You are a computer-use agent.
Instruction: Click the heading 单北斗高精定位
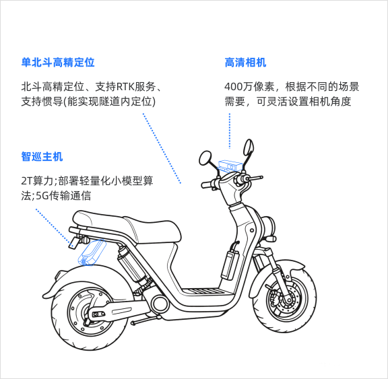tap(58, 63)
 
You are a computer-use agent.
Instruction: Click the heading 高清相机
tap(245, 63)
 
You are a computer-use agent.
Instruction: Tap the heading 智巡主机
tap(42, 156)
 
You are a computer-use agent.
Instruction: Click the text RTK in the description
tap(125, 87)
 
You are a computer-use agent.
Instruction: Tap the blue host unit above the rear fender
tap(92, 252)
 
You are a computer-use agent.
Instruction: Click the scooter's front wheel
tap(284, 297)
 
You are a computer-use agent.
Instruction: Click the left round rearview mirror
tap(205, 158)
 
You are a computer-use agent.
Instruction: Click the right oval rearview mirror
tap(249, 147)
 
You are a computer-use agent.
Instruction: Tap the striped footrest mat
tap(203, 291)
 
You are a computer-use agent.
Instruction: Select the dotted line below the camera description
tap(230, 131)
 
